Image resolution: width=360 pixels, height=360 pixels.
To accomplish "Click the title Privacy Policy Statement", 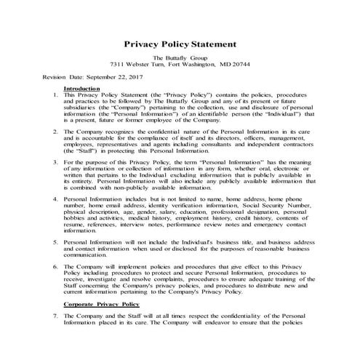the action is point(180,44).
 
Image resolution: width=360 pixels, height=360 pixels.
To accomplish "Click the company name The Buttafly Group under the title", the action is point(180,57).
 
